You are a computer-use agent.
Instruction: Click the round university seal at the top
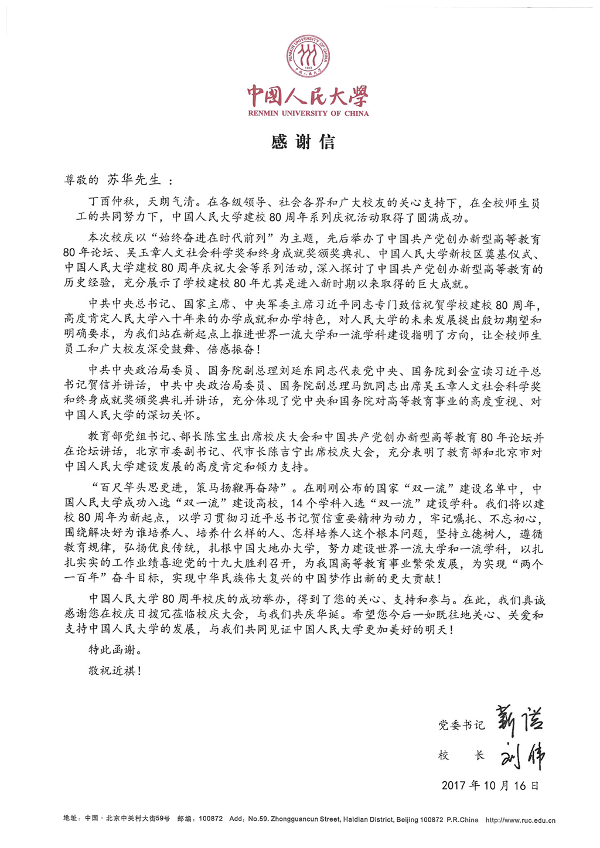(x=308, y=57)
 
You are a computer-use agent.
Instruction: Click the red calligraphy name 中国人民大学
(x=308, y=96)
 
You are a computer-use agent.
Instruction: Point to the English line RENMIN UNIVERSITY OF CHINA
(x=308, y=113)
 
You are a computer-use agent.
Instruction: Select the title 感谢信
(x=303, y=142)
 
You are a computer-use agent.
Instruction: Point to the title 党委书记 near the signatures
(x=462, y=726)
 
